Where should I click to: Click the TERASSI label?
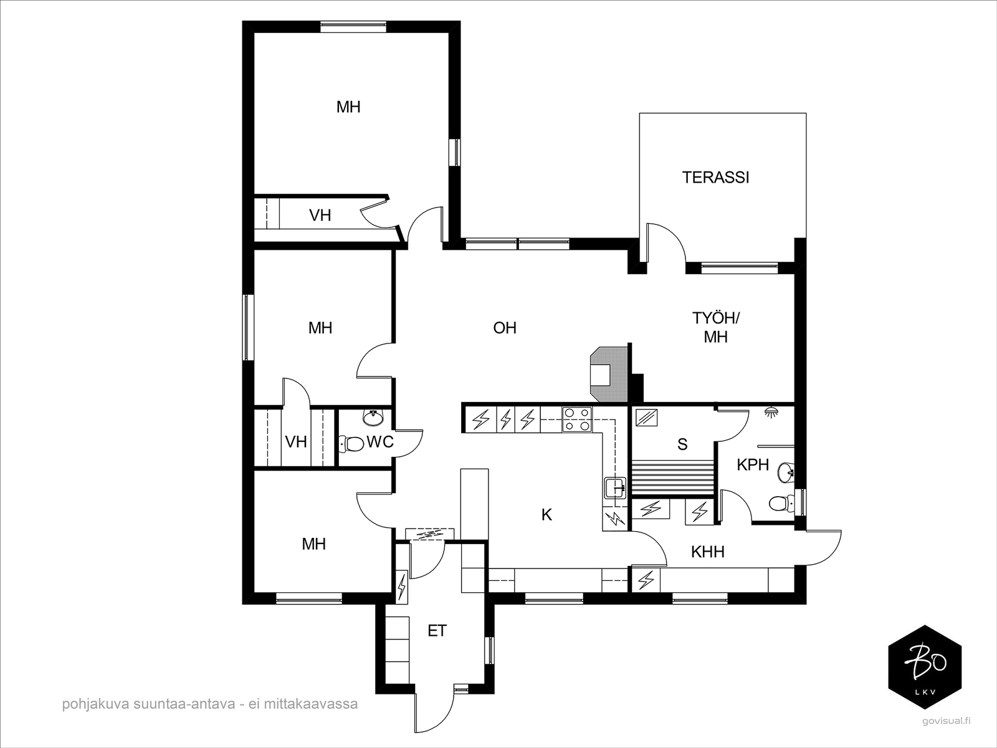click(x=715, y=178)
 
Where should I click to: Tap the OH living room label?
click(x=505, y=328)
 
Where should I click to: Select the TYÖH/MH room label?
click(x=716, y=327)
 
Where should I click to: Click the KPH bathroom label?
click(x=753, y=464)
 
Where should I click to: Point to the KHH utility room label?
click(x=708, y=552)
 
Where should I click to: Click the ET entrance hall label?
click(x=437, y=630)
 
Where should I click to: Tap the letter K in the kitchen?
click(x=547, y=515)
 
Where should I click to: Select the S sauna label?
click(x=682, y=444)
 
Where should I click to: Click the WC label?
click(x=379, y=442)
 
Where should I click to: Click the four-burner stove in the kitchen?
click(x=577, y=419)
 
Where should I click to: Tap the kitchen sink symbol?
click(x=616, y=488)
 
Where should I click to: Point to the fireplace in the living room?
click(x=608, y=374)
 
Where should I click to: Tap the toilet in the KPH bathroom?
click(x=781, y=503)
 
